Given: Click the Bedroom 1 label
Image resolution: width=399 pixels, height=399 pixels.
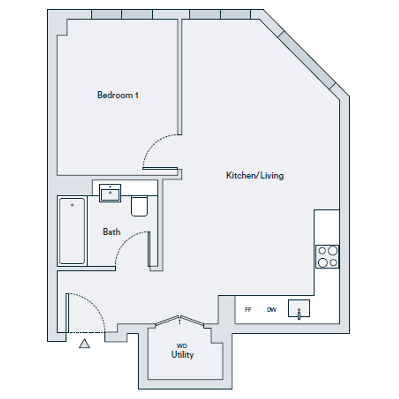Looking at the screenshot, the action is coord(118,95).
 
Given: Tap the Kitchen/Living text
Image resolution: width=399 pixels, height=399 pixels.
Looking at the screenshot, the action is coord(255,175).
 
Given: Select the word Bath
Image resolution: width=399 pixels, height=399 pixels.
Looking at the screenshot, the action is coord(112,231).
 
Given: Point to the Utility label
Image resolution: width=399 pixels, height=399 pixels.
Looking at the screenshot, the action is coord(182,355).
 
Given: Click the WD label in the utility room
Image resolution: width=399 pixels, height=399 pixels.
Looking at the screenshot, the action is coord(182,346).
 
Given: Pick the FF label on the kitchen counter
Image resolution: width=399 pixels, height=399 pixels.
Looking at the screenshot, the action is coord(248,309).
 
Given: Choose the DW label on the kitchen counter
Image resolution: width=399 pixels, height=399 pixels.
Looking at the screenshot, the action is coord(271,309).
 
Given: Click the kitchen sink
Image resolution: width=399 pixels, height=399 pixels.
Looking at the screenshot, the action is coord(299,308).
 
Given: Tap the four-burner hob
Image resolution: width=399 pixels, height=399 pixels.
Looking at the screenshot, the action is coord(327,257).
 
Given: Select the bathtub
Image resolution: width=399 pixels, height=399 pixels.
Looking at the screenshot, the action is coord(72,231).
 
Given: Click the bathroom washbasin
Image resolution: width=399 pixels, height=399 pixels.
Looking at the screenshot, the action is coord(110,193).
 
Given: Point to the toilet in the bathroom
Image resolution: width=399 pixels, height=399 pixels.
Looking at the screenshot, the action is coord(139,206).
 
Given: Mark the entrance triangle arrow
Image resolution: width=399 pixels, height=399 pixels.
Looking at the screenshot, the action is coord(84,344).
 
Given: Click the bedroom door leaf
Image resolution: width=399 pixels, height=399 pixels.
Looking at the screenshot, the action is coord(160,168).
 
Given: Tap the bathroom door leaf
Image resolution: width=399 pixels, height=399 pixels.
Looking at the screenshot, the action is coord(149,249).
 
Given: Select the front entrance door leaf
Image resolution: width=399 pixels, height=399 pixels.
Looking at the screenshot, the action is coord(67,313).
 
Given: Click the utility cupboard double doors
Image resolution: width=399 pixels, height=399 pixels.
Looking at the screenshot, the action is coord(179,320).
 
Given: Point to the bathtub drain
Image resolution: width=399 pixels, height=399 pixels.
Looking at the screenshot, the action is coord(72,205).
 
